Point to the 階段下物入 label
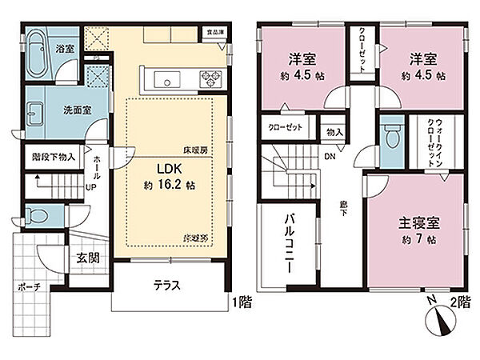pos(54,158)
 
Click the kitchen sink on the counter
pos(168,78)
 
